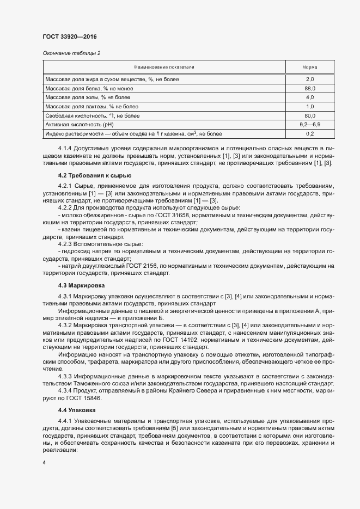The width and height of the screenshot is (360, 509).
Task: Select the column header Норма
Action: [x=310, y=67]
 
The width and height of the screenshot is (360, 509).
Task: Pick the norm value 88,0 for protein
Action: [x=310, y=88]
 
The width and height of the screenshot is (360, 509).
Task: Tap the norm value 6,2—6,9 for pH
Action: [x=310, y=124]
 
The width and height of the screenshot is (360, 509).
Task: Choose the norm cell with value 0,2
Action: [x=310, y=133]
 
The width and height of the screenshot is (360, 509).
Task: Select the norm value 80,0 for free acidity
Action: [x=310, y=115]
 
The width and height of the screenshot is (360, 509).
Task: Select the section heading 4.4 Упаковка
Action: [x=77, y=409]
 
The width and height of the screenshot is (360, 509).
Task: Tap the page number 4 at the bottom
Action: [x=44, y=462]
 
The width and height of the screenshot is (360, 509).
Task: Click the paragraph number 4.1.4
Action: [x=66, y=148]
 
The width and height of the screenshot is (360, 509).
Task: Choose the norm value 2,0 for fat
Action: [x=310, y=79]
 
